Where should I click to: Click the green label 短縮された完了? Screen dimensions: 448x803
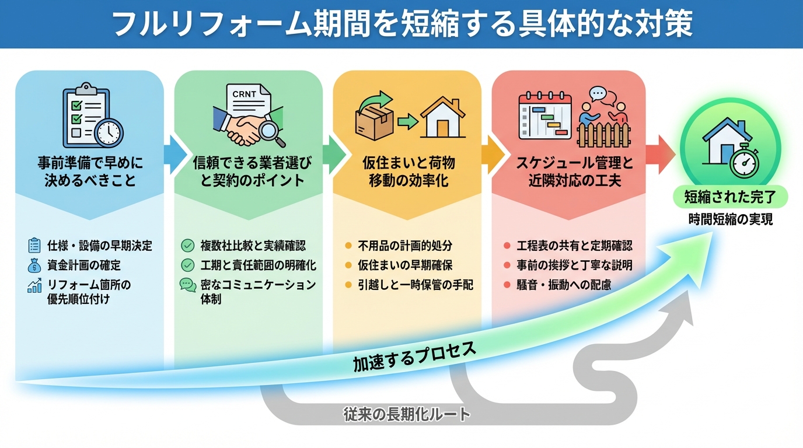730,197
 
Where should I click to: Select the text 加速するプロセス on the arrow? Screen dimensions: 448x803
414,355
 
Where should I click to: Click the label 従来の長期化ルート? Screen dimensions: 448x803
407,415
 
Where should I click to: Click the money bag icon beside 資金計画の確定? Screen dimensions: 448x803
34,265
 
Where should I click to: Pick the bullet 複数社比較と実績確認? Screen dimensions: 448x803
253,246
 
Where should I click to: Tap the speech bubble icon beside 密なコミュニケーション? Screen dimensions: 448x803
188,285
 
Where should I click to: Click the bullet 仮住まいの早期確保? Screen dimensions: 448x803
405,265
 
